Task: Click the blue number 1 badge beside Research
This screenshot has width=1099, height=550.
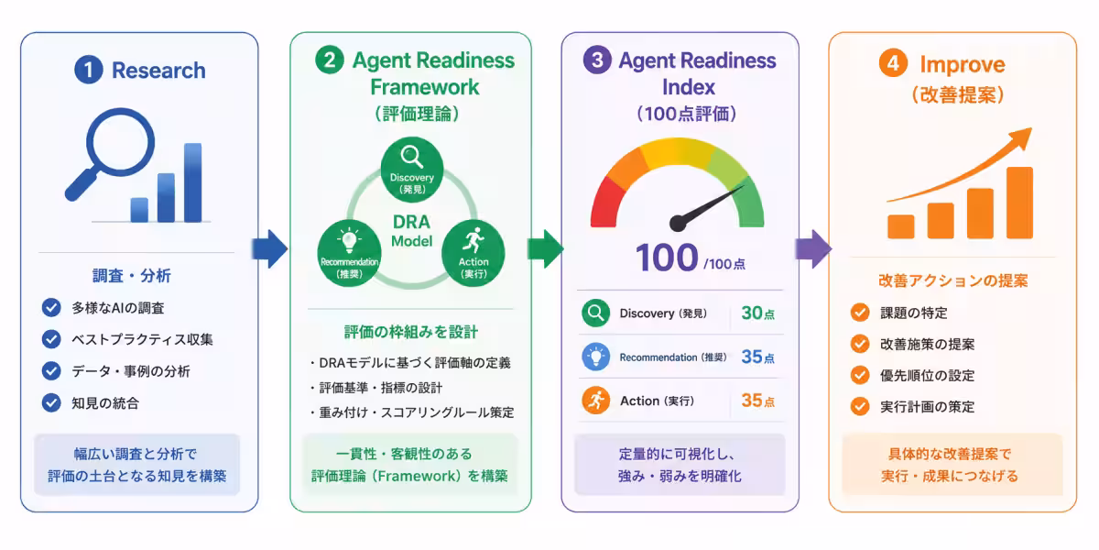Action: coord(88,70)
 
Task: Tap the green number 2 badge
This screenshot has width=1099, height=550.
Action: coord(329,60)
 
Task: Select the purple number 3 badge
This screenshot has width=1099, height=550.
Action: coord(597,60)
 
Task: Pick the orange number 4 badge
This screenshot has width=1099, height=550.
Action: coord(893,63)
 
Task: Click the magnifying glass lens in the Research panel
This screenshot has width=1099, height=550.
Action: coord(121,142)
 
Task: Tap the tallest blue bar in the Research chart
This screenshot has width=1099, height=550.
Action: coord(193,182)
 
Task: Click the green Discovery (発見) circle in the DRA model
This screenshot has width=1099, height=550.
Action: coord(412,170)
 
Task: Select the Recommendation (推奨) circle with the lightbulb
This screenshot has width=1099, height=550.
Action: coord(349,253)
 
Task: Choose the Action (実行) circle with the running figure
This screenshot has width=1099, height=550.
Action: coord(473,253)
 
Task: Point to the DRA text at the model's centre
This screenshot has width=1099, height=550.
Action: coord(411,222)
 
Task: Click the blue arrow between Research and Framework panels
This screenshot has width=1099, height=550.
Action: coord(269,248)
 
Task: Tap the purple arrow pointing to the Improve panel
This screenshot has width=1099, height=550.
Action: coord(813,248)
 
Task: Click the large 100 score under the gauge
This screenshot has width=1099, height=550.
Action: coord(667,258)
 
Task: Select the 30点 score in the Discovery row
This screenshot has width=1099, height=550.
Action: coord(758,313)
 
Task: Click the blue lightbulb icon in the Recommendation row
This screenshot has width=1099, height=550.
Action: coord(595,357)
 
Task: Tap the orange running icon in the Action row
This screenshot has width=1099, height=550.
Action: coord(595,401)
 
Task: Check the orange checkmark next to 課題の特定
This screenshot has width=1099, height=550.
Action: coord(860,313)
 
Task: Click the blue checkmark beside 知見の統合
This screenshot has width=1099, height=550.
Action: coord(51,402)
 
